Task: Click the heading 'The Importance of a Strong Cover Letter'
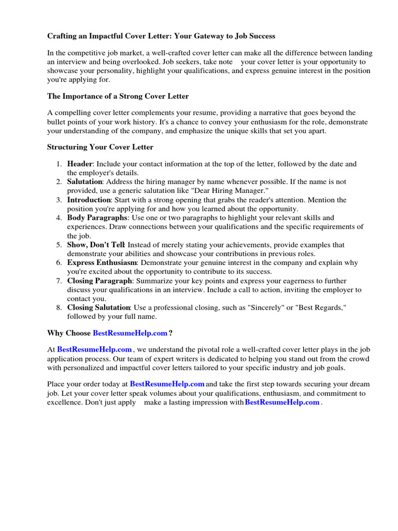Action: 118,96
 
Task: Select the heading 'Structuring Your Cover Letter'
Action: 100,147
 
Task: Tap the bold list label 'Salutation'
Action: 85,182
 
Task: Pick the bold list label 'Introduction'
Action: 89,200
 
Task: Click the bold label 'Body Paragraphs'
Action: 97,218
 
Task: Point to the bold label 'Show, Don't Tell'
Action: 96,245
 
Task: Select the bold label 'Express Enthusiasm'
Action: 102,263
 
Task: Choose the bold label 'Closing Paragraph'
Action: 99,281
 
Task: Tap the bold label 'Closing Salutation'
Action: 98,308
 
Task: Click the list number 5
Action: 59,245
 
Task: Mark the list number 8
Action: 59,308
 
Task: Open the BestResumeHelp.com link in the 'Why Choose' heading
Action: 130,333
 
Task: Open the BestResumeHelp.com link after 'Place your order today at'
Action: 167,384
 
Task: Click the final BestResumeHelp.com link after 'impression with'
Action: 282,402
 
